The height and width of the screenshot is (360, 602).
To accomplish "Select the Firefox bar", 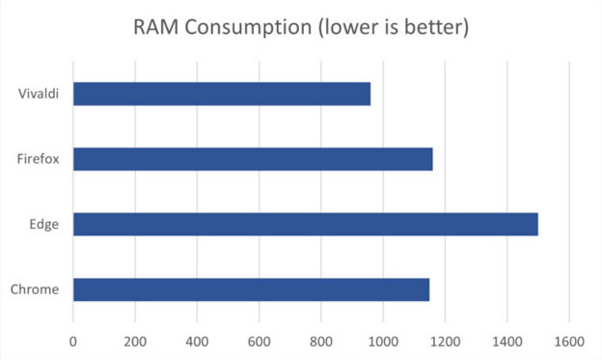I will click(x=253, y=159).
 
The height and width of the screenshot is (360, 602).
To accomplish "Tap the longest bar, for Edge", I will click(x=305, y=224).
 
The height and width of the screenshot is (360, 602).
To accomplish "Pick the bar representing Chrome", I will click(x=251, y=290).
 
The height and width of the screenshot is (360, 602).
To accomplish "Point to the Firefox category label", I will click(x=40, y=159).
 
